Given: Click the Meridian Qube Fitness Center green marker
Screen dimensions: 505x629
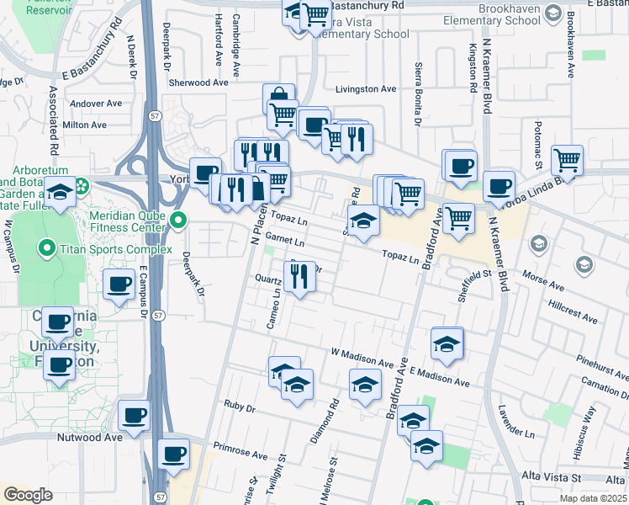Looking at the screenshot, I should pos(178,221).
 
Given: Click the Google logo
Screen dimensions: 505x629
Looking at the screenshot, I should pos(28,495).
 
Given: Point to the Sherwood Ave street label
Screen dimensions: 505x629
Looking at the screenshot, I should pos(198,83).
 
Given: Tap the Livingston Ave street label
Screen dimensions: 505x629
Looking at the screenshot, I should pos(366,89).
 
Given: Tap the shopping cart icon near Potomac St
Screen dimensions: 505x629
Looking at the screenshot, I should pos(568,159).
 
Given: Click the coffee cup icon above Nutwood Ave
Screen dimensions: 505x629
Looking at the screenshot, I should pos(135,415).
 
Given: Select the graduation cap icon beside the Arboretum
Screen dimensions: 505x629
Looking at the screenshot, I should pos(60,192).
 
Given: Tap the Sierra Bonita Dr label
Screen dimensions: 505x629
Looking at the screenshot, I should pos(418,93).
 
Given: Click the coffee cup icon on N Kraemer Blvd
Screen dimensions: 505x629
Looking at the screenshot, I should pos(499,185).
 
